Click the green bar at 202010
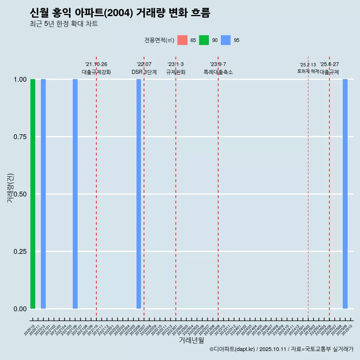(x=33, y=194)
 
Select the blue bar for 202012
(x=43, y=194)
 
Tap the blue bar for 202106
(x=75, y=194)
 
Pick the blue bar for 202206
(x=139, y=194)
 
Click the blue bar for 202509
(x=345, y=194)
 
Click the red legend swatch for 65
(x=182, y=40)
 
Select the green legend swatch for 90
(x=204, y=40)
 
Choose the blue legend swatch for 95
(x=226, y=40)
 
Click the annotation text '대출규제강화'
(x=96, y=72)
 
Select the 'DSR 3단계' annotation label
(x=144, y=72)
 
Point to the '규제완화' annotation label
(x=176, y=72)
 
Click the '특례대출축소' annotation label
(x=218, y=72)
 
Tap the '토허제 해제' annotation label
(x=308, y=71)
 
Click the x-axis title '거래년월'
(x=191, y=340)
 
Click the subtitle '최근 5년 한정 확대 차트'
(x=64, y=24)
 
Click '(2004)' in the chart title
(x=118, y=13)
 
